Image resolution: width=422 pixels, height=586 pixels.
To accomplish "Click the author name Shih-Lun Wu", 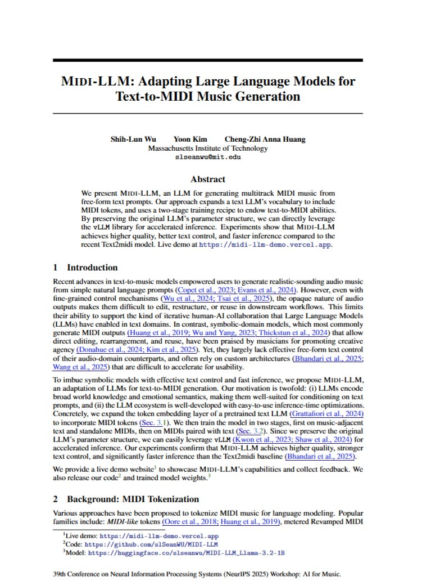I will (x=133, y=139).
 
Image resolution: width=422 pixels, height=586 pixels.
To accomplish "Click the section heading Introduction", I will (x=92, y=267).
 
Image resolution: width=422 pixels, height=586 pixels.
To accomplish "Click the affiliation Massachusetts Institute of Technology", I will (x=207, y=148).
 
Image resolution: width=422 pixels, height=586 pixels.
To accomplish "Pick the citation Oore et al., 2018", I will (x=187, y=521).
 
